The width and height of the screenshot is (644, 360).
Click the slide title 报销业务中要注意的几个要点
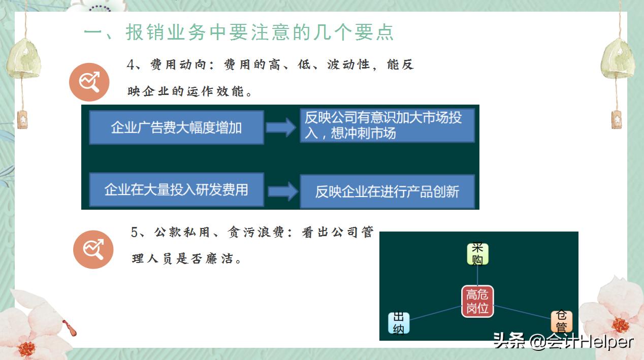(239, 32)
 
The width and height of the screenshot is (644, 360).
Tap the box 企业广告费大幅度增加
(176, 127)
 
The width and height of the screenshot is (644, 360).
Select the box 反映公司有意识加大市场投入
(387, 125)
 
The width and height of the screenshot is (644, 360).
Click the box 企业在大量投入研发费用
(176, 190)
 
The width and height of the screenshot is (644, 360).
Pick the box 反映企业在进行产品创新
(387, 191)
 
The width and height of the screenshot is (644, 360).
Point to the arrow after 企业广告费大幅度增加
(281, 127)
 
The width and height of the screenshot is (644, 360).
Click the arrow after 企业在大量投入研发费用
(282, 191)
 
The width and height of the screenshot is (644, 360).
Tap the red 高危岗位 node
(477, 301)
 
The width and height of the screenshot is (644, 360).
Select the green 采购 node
(477, 254)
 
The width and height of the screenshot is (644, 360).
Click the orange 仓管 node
(561, 321)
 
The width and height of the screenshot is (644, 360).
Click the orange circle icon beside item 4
(89, 82)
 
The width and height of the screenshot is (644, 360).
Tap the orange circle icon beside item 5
(93, 249)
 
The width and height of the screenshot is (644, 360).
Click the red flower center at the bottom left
(26, 348)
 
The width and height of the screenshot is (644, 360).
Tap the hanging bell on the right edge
(617, 58)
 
